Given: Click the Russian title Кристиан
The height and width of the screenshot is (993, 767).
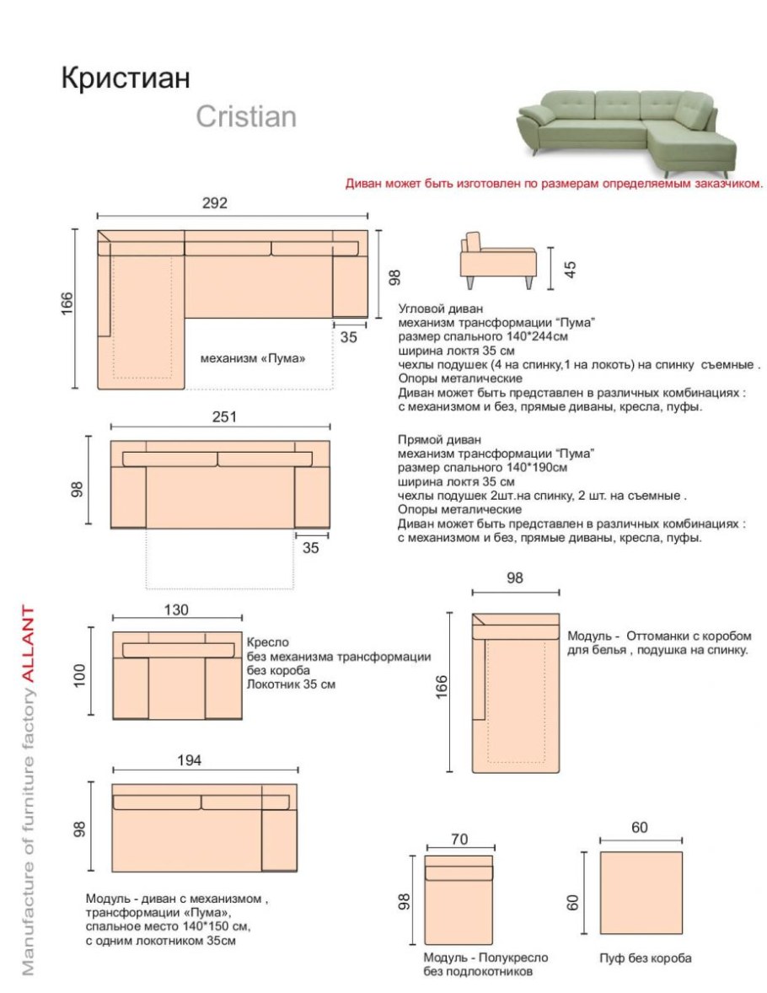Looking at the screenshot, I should [x=126, y=78].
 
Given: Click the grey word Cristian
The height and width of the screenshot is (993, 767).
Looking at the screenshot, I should [x=246, y=116].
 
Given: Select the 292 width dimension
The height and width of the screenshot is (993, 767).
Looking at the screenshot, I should [x=215, y=203].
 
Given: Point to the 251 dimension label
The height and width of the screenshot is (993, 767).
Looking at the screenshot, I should [x=224, y=416].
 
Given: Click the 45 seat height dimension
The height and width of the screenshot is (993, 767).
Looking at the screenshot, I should [x=571, y=269].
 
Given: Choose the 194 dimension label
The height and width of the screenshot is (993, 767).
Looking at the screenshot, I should [x=190, y=760].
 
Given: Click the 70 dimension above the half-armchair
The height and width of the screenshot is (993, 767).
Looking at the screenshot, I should [x=459, y=839].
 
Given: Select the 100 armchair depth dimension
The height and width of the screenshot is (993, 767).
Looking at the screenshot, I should [x=81, y=674].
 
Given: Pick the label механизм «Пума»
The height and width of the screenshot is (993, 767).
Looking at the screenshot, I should [x=252, y=357].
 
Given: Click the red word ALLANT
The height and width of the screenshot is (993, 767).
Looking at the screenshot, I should [x=28, y=645].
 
